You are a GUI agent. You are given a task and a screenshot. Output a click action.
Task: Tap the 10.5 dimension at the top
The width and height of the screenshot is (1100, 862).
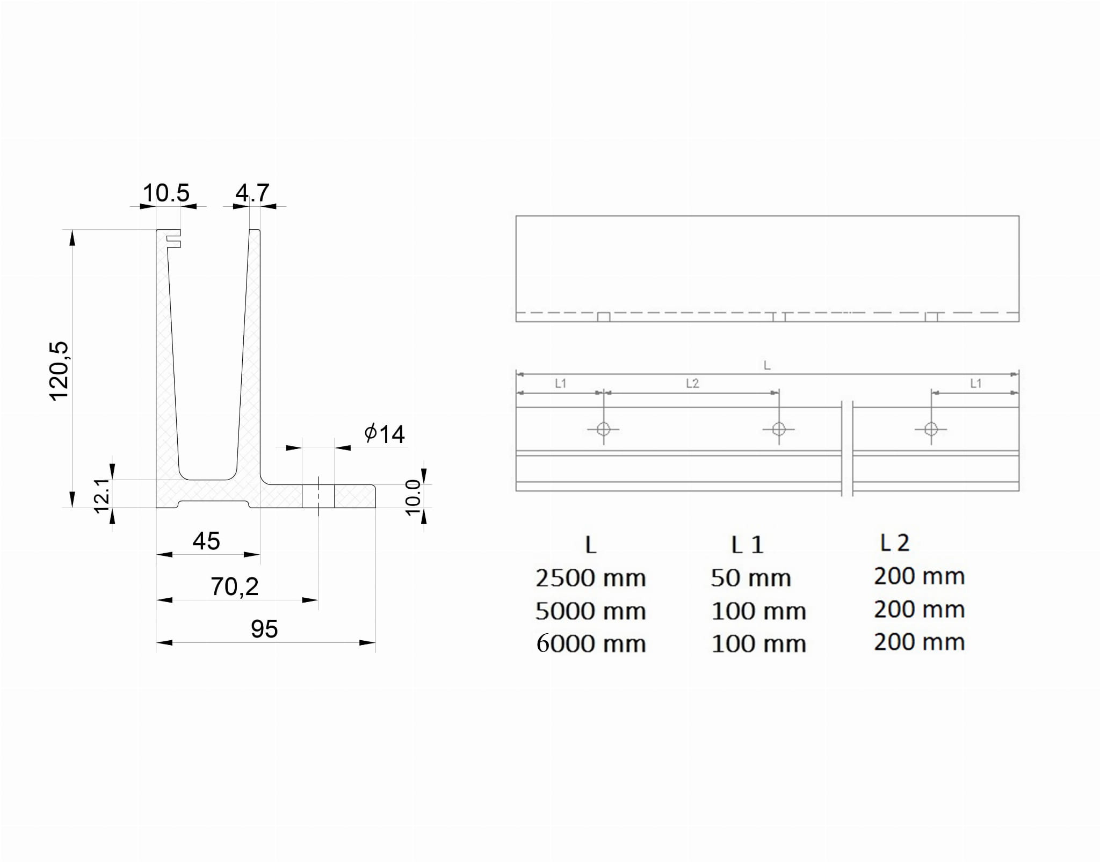(x=167, y=193)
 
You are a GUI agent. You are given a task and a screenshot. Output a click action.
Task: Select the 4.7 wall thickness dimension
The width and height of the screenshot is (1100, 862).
(x=252, y=193)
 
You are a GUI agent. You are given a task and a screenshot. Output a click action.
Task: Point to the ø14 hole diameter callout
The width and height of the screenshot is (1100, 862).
(x=385, y=434)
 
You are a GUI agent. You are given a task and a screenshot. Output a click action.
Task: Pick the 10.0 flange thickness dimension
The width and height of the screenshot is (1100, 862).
(x=412, y=497)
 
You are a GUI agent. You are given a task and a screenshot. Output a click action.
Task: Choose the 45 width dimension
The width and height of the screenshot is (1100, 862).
(x=206, y=541)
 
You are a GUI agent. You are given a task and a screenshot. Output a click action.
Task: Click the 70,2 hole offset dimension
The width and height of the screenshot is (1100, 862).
(x=235, y=587)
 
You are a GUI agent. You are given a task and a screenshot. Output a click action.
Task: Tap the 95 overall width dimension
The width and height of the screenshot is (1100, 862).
(x=264, y=629)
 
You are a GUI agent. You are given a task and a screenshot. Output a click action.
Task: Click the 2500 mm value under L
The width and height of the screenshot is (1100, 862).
(x=591, y=578)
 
